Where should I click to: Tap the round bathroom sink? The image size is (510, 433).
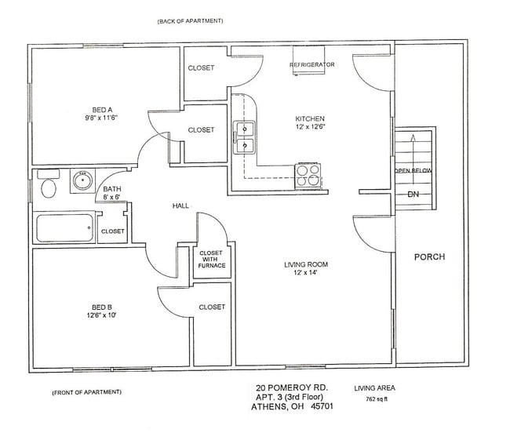(x=82, y=180)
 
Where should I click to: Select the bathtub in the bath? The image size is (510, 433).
(x=64, y=227)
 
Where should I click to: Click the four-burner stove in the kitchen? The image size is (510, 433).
(x=308, y=176)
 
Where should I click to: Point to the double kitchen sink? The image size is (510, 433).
(x=245, y=137)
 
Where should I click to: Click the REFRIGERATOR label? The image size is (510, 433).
(x=312, y=64)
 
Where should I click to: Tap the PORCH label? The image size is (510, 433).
(x=429, y=257)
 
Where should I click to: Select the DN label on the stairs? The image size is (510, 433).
(x=413, y=195)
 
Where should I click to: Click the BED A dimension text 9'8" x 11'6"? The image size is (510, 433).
(x=101, y=118)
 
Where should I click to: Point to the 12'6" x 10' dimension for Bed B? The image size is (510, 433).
(x=101, y=315)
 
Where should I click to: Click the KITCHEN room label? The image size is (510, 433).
(x=310, y=118)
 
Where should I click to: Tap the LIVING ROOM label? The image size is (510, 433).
(x=306, y=264)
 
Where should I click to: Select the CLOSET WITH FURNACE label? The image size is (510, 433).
(x=211, y=259)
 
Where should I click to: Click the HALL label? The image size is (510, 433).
(x=180, y=206)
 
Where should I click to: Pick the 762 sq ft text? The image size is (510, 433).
(x=377, y=398)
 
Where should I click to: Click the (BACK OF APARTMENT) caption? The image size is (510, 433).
(x=191, y=21)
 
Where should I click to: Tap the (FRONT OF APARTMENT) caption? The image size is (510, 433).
(x=86, y=392)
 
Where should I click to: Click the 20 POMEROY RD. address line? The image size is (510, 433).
(x=292, y=388)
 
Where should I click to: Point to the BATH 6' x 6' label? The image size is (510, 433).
(x=112, y=193)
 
